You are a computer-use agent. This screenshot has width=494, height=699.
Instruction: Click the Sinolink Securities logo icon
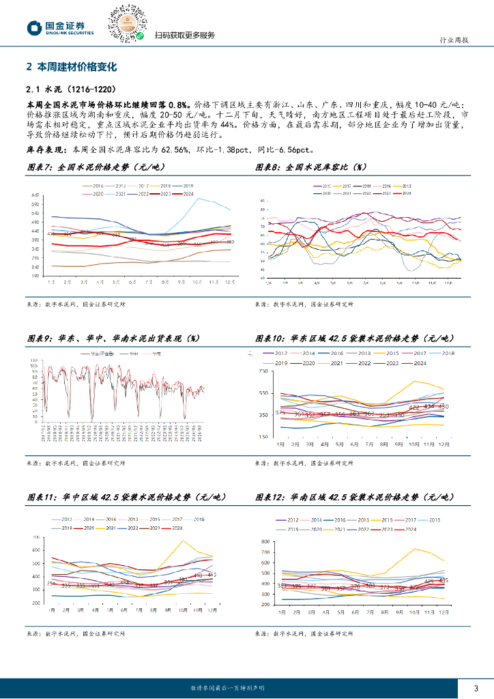point(33,27)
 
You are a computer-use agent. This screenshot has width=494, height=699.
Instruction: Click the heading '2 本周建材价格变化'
point(72,67)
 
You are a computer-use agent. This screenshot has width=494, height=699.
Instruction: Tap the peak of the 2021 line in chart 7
point(199,198)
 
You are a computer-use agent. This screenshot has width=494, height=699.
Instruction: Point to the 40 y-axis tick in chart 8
point(262,278)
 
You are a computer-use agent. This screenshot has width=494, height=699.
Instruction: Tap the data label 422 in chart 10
point(414,408)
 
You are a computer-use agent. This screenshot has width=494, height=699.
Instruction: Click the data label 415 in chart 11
point(212,575)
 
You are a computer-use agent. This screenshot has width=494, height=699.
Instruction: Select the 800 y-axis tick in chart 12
point(265,541)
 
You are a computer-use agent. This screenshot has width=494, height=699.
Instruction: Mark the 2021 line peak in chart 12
point(413,548)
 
